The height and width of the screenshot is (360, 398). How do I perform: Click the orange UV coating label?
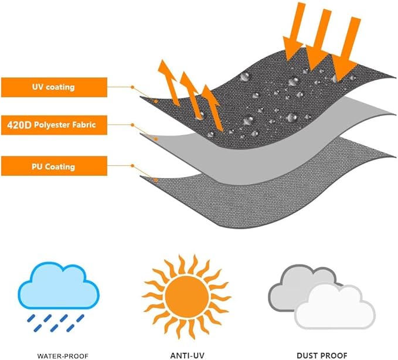(53, 87)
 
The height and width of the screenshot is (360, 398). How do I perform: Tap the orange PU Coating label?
(53, 167)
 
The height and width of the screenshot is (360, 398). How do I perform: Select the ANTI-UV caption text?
(182, 355)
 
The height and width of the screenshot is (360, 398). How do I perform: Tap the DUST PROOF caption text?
(321, 355)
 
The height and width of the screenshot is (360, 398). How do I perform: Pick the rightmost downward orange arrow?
(347, 47)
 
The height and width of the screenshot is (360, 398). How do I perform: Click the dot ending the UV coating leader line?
(157, 101)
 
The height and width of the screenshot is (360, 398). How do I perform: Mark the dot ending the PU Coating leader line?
(155, 179)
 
